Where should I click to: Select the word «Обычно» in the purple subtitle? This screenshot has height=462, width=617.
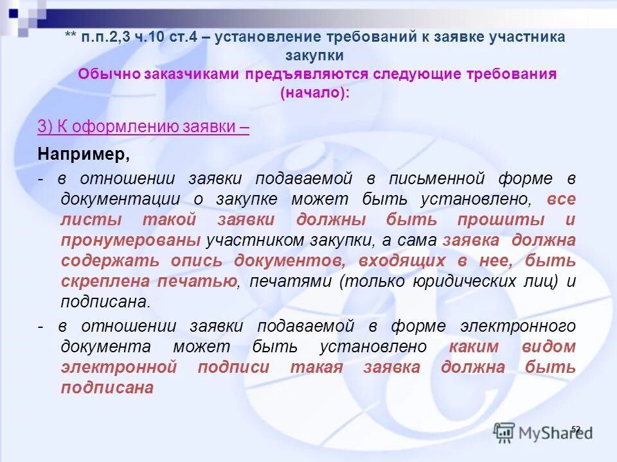click(x=106, y=73)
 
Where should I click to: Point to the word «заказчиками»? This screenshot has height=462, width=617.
click(x=188, y=73)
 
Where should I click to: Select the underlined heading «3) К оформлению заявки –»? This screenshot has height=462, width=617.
click(x=143, y=126)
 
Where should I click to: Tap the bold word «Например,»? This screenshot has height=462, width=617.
click(x=84, y=154)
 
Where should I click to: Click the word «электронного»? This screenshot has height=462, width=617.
click(x=519, y=326)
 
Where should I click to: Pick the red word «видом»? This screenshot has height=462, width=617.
click(x=550, y=346)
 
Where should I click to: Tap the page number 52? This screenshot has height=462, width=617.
click(x=575, y=429)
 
